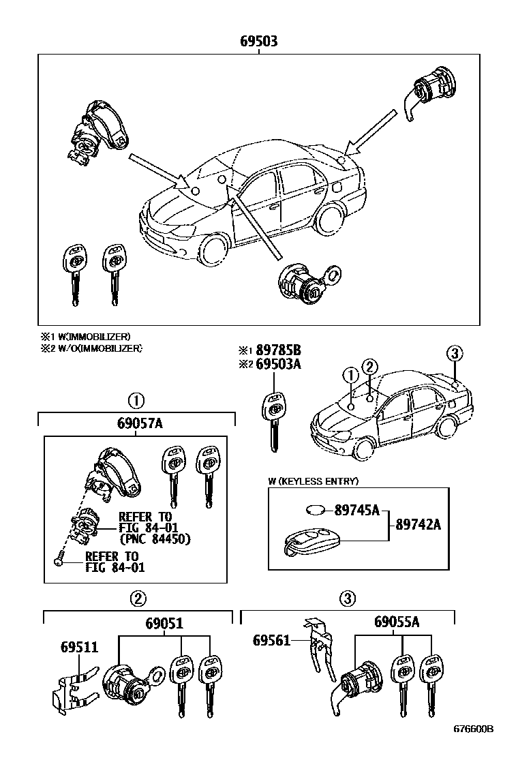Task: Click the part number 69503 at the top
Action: point(258,42)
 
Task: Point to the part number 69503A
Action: point(278,365)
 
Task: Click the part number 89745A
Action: point(356,509)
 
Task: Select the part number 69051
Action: point(164,623)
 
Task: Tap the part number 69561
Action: point(271,640)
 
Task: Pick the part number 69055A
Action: point(396,622)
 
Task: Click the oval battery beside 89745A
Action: point(315,510)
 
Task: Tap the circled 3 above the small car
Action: point(455,353)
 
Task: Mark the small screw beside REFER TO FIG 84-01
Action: point(58,561)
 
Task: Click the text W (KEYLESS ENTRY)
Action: point(313,481)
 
